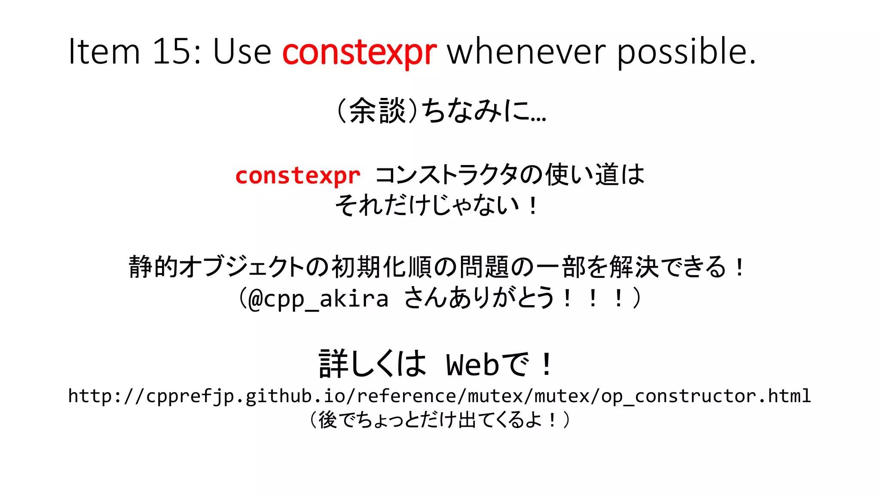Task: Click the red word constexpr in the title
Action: tap(359, 52)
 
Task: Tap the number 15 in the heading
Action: tap(171, 52)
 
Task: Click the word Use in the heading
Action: tap(242, 52)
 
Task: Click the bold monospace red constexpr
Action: tap(298, 176)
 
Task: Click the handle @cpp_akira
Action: tap(318, 299)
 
